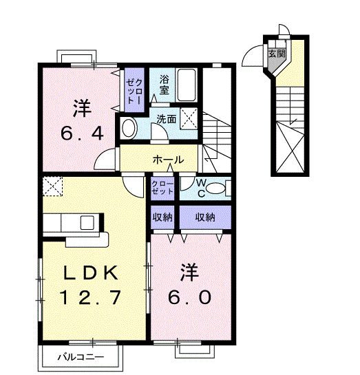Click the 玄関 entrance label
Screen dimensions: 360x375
(277, 54)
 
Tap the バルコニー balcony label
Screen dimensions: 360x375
(81, 357)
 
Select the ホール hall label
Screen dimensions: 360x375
(169, 160)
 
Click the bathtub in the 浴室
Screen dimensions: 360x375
(186, 85)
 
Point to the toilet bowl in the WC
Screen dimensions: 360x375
(215, 189)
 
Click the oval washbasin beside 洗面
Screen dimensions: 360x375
(129, 128)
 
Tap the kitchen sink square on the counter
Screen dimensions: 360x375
(87, 222)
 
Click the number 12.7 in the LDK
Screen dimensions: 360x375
(90, 297)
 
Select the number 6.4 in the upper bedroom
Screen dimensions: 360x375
(82, 133)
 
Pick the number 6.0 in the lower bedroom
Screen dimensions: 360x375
(190, 297)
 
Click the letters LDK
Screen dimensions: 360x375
(90, 272)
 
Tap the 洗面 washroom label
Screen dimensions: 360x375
(167, 119)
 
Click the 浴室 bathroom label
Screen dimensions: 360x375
(164, 85)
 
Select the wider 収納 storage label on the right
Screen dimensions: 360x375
(205, 217)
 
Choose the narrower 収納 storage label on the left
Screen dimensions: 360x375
(162, 217)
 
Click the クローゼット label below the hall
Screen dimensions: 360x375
(162, 188)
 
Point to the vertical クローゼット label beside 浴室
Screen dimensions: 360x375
(135, 91)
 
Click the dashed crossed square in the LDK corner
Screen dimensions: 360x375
(52, 186)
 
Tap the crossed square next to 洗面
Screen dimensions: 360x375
(189, 119)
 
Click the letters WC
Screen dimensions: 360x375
(201, 189)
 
